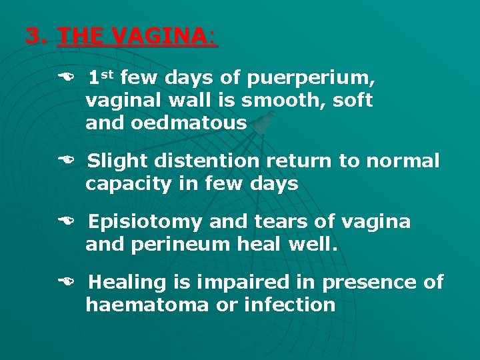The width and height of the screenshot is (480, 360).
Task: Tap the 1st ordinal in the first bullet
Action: tap(102, 78)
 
